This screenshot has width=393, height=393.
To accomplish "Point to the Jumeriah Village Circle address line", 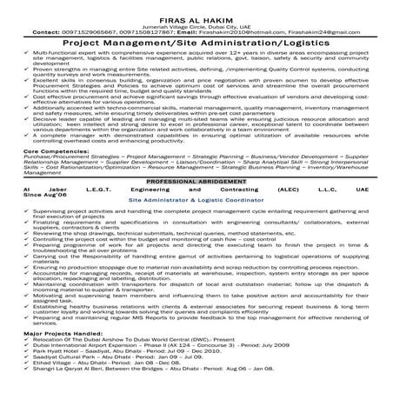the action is click(x=196, y=24).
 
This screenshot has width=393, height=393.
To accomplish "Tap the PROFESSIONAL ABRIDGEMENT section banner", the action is click(x=196, y=180).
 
